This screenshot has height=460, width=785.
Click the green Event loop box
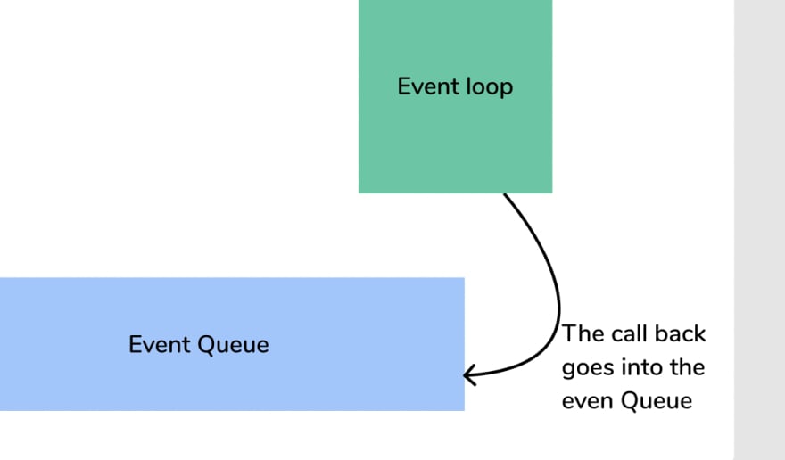455,96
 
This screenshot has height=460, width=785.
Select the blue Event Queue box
232,344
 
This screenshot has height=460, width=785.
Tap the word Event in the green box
428,86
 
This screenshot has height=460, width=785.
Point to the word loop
490,87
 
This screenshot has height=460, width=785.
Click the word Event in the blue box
160,344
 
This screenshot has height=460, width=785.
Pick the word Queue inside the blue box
234,345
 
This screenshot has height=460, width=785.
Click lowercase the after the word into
688,367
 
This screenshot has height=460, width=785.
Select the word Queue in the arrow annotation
657,401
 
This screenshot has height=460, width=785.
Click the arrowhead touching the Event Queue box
469,375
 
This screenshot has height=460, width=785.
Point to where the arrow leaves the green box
504,194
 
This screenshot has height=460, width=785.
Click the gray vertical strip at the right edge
759,230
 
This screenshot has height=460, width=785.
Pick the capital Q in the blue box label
207,345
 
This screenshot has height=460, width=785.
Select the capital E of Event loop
403,86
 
